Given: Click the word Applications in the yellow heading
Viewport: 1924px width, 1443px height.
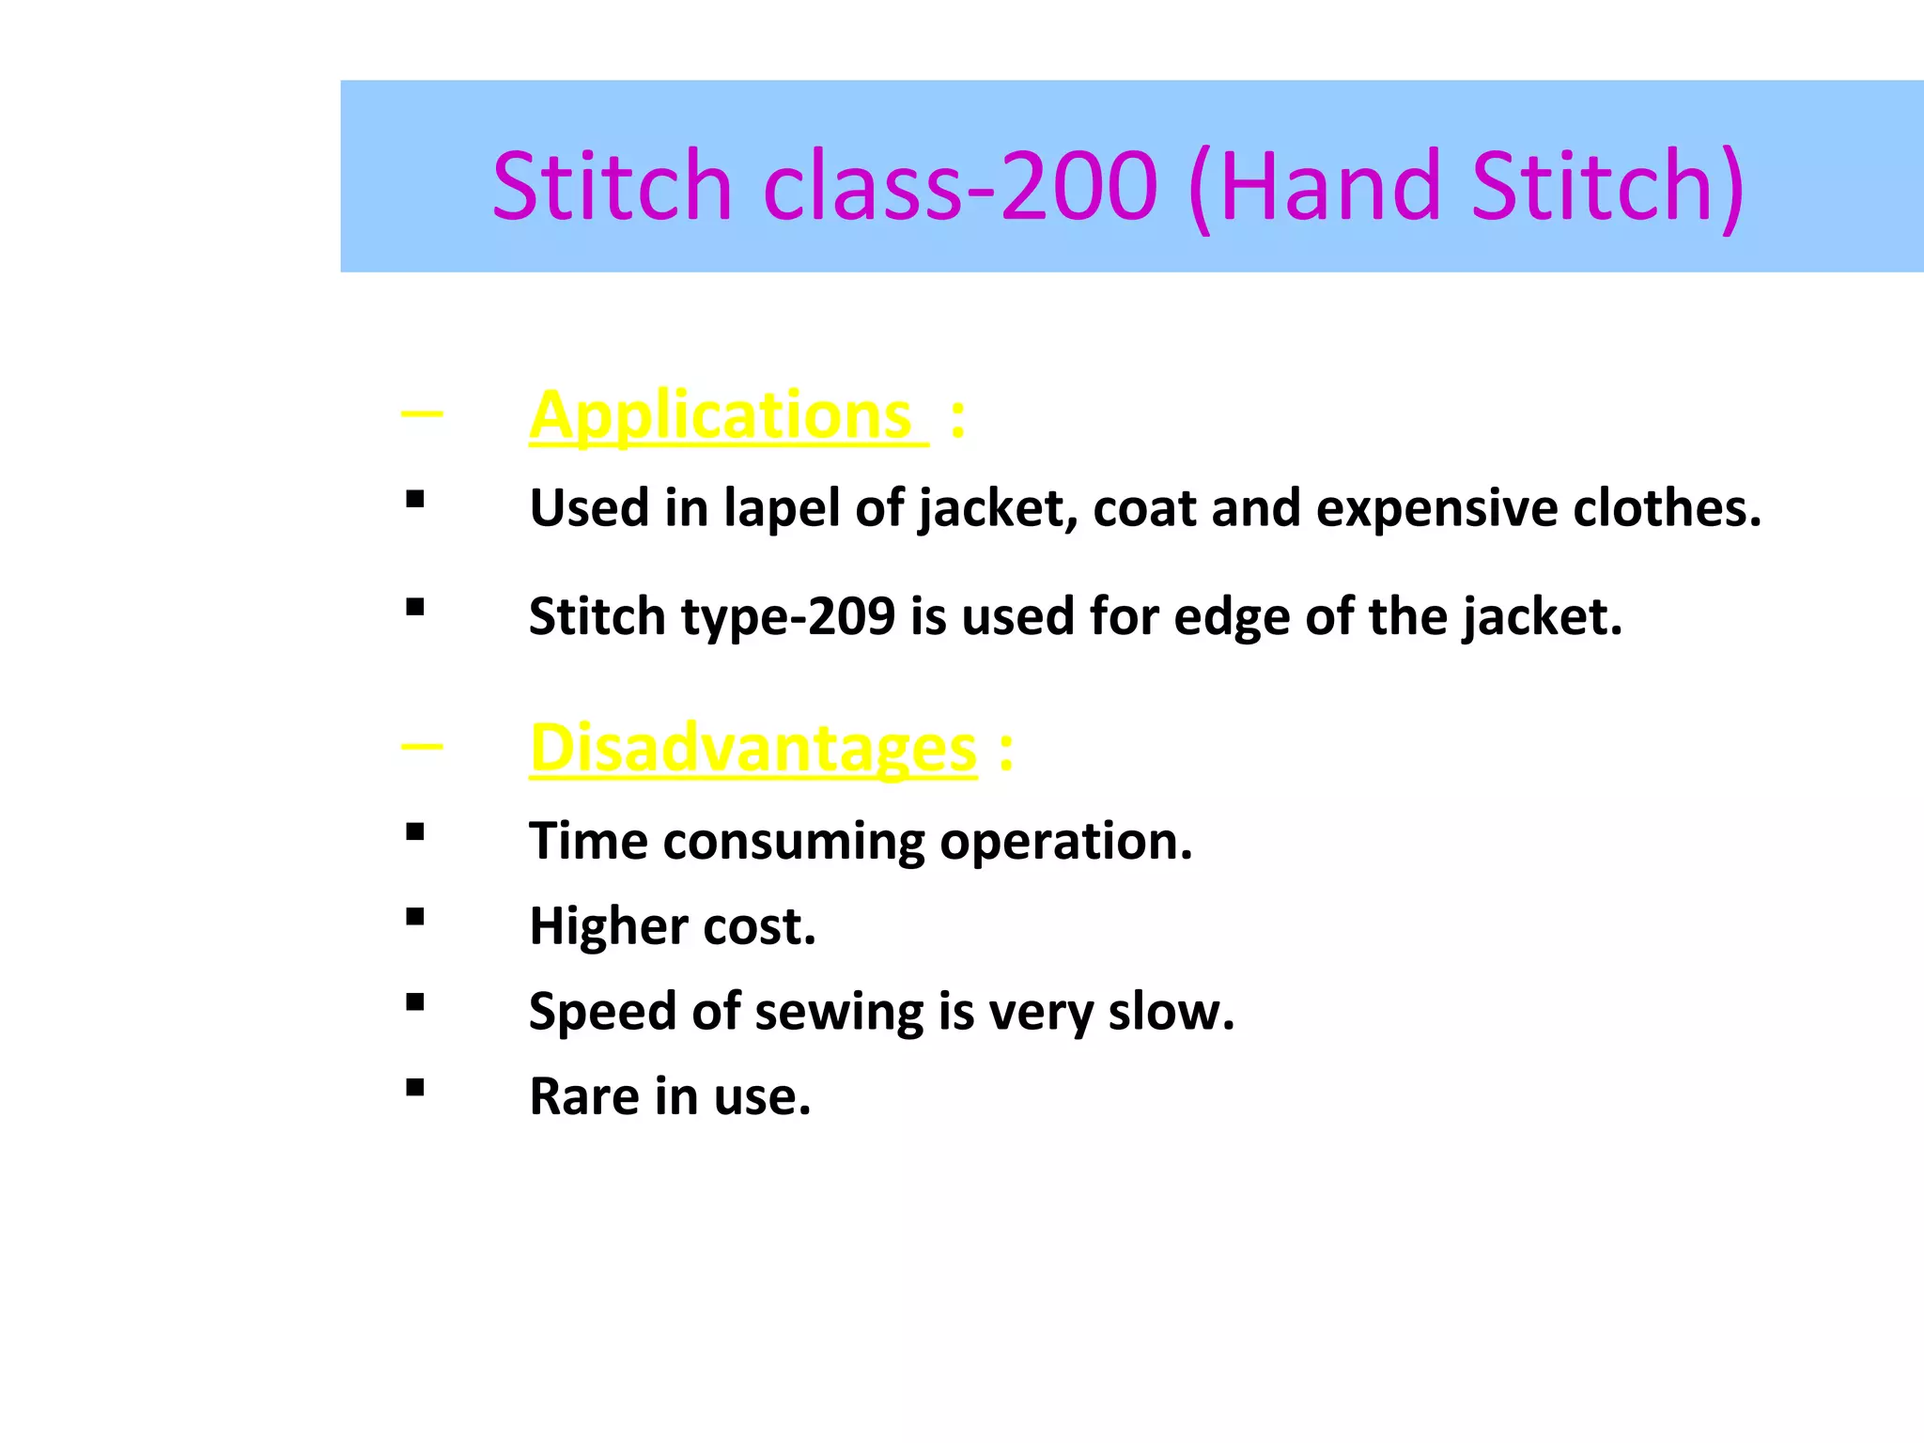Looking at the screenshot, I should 721,416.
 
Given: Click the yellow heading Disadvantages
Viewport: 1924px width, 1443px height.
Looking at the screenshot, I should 753,749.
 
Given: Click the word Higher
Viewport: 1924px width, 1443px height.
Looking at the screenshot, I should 609,926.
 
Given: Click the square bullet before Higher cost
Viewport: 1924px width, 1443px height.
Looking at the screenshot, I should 415,917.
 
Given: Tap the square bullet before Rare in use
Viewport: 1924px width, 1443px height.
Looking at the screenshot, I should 415,1088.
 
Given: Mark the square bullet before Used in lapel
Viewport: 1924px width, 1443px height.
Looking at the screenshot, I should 415,499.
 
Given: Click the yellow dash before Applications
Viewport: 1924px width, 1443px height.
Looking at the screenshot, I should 422,413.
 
